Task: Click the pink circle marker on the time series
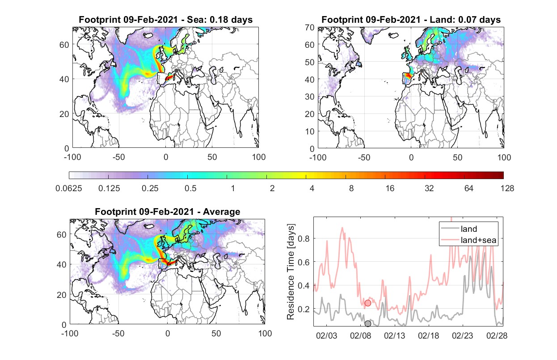coord(368,303)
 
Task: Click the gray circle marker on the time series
coord(368,323)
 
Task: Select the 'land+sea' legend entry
coord(468,240)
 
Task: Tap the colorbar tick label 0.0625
coord(69,188)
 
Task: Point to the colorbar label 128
coord(507,188)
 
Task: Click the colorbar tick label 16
coord(390,188)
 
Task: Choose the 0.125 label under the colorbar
coord(109,188)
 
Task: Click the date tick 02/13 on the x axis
coord(394,335)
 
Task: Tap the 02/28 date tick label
coord(497,335)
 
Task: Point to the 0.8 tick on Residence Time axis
coord(304,239)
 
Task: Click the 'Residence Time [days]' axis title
coord(291,272)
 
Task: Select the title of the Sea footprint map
coord(165,19)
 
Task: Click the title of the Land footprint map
coord(411,19)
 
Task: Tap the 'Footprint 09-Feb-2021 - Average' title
coord(167,212)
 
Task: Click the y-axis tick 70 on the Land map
coord(310,27)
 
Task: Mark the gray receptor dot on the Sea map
coord(176,71)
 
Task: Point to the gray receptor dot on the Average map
coord(178,257)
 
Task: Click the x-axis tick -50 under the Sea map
coord(119,157)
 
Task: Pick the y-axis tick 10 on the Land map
coord(310,131)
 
